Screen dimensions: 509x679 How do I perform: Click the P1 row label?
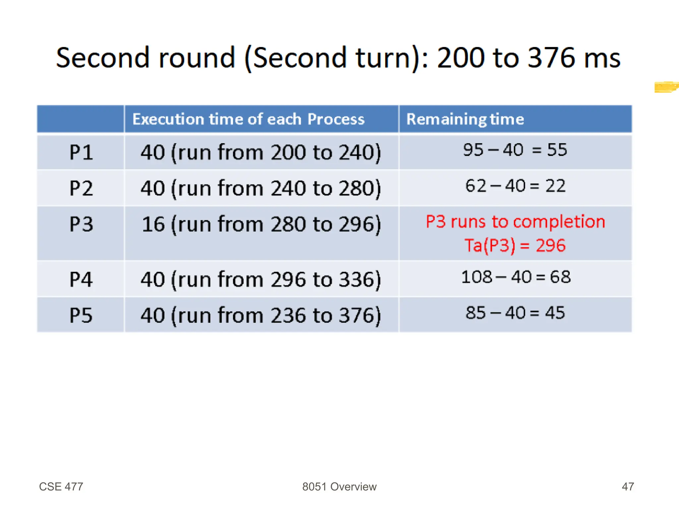click(81, 153)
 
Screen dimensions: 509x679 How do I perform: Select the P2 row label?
click(81, 188)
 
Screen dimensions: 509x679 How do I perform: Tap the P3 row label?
click(81, 224)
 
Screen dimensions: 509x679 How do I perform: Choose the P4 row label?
click(81, 279)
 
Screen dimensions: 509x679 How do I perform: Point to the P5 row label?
click(81, 315)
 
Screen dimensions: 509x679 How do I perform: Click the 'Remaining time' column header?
click(465, 119)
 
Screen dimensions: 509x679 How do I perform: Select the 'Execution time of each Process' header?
click(248, 119)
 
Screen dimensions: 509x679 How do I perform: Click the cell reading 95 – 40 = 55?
click(515, 150)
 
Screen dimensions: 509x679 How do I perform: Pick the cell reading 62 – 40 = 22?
click(515, 186)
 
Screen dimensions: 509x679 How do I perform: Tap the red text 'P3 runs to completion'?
click(515, 222)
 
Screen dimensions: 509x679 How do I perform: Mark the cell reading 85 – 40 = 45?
click(515, 313)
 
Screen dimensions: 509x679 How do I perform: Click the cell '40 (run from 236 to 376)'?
click(261, 315)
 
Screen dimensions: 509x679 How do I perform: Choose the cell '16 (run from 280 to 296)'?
click(261, 224)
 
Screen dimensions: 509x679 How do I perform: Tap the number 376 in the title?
click(551, 58)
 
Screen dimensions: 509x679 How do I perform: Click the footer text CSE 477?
click(61, 486)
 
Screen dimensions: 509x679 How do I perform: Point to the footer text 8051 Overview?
click(339, 486)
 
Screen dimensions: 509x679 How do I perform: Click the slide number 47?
click(628, 486)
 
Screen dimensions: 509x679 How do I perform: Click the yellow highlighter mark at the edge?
click(666, 87)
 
